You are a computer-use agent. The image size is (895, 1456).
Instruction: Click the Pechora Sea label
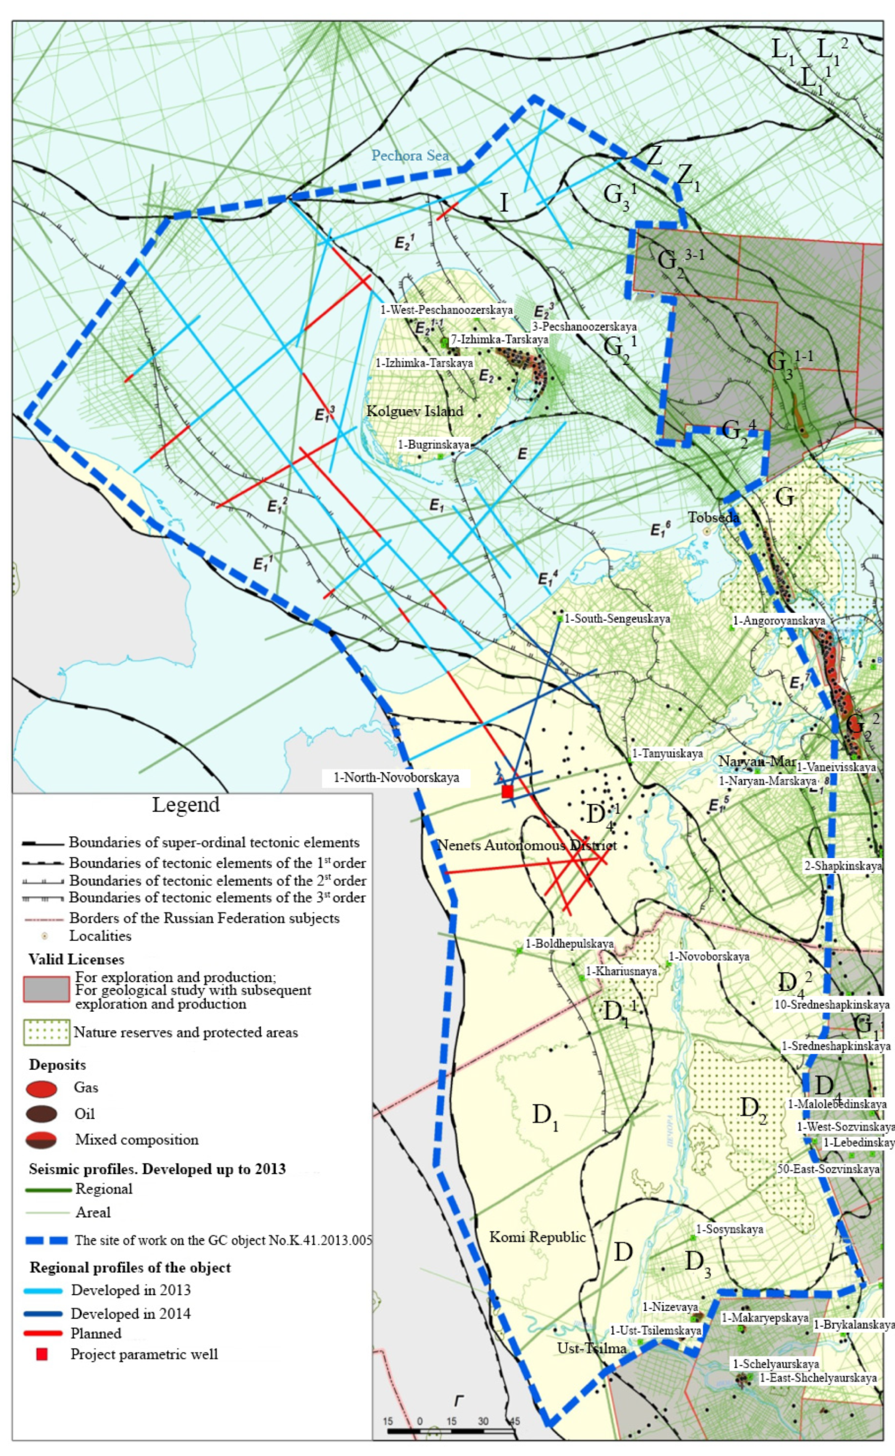(x=410, y=156)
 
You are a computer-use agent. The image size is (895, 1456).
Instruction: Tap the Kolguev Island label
(x=414, y=411)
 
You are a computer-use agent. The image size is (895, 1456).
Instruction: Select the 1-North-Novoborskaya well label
(x=396, y=777)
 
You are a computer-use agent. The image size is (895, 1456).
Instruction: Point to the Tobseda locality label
(x=713, y=517)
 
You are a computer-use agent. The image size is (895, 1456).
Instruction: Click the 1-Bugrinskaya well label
(x=433, y=445)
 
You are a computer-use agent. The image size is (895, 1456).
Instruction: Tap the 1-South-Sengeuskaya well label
(x=617, y=619)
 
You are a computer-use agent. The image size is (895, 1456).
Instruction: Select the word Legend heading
(x=186, y=805)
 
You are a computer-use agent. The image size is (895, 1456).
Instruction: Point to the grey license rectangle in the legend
(x=46, y=989)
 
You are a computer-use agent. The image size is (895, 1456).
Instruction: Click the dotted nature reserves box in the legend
(x=46, y=1032)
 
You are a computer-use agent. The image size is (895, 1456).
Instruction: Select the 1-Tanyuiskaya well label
(x=667, y=754)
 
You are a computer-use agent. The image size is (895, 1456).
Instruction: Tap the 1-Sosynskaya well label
(x=729, y=1230)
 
